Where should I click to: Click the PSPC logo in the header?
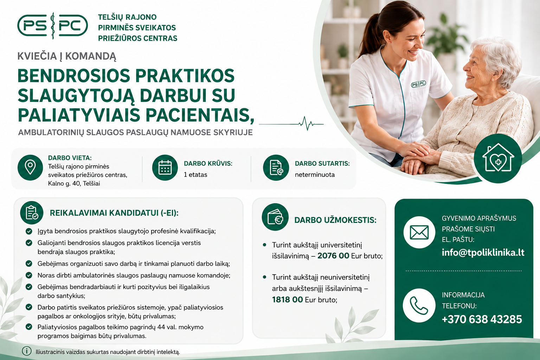coord(52,26)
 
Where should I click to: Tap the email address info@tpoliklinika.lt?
coord(483,252)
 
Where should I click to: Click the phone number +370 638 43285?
coord(482,319)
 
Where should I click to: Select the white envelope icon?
coord(419,232)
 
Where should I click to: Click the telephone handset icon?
coord(419,306)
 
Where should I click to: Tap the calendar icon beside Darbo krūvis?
coord(165,168)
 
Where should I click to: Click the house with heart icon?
coord(498,159)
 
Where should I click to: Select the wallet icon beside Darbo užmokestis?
coord(275,217)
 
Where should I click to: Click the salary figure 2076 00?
coord(333,256)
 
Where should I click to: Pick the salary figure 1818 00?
coord(287,300)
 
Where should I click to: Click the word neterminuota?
coord(315,175)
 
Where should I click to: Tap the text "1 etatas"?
coord(195,175)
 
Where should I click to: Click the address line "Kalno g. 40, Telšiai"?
coord(74,184)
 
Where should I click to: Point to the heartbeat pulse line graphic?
coord(291,124)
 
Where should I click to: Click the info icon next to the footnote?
coord(27,351)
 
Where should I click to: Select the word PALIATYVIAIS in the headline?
coord(79,115)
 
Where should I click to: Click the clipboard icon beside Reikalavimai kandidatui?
coord(32,213)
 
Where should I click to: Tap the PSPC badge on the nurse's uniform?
coord(418,84)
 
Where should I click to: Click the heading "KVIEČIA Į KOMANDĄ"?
coord(67,56)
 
